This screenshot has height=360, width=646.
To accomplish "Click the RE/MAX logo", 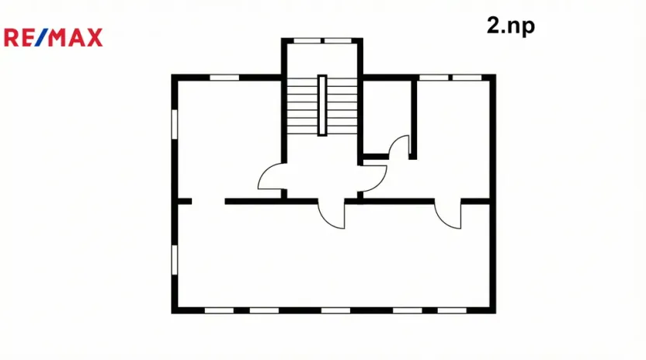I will [53, 36].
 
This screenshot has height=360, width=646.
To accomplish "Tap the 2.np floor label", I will [510, 26].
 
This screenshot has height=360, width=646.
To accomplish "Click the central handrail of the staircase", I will [321, 106].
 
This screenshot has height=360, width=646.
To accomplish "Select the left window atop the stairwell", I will [307, 40].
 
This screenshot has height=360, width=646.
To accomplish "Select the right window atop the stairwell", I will [336, 40].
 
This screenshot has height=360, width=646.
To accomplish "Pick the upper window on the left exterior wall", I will [175, 128].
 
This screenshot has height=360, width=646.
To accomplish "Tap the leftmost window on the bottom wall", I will [220, 310].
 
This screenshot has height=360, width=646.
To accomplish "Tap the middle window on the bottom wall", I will [335, 310].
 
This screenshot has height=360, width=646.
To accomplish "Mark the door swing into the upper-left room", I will [271, 177].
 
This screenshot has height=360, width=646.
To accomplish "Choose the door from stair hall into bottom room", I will [332, 213].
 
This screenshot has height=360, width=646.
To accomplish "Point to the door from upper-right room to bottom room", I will [449, 214].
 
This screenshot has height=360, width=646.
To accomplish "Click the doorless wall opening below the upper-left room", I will [208, 201].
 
